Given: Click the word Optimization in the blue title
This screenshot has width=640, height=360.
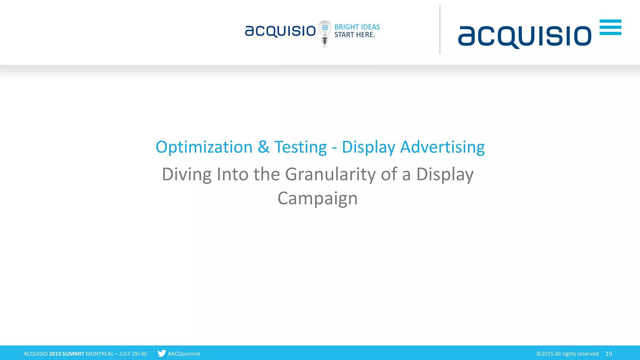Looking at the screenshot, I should (x=204, y=147).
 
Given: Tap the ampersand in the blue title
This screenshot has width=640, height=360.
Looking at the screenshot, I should (x=263, y=147).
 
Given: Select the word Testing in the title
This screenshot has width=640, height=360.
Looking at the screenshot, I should (x=300, y=147).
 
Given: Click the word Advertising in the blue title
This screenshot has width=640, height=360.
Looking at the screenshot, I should (x=442, y=147).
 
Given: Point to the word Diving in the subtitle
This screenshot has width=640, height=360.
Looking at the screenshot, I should (x=187, y=174).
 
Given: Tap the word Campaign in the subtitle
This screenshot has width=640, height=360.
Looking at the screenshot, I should (x=317, y=198).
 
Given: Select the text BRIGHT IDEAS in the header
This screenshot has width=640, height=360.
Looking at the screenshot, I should (x=357, y=27).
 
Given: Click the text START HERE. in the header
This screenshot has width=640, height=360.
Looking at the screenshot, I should (x=355, y=35).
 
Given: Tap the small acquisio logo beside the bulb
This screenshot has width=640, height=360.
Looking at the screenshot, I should (x=280, y=31).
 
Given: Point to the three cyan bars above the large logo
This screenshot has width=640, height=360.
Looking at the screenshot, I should (x=610, y=27).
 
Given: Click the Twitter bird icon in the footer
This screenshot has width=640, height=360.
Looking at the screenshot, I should (x=161, y=353).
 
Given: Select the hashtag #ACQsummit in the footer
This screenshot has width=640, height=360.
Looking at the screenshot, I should (x=184, y=354).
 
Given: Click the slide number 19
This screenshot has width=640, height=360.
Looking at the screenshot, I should (x=609, y=354).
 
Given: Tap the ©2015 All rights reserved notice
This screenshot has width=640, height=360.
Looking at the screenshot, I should (x=567, y=354).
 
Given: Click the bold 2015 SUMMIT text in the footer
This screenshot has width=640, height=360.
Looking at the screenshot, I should (x=67, y=354).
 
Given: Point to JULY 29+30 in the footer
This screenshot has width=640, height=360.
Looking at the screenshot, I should (x=133, y=354).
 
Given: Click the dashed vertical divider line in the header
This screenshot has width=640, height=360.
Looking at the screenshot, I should (x=440, y=30).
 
